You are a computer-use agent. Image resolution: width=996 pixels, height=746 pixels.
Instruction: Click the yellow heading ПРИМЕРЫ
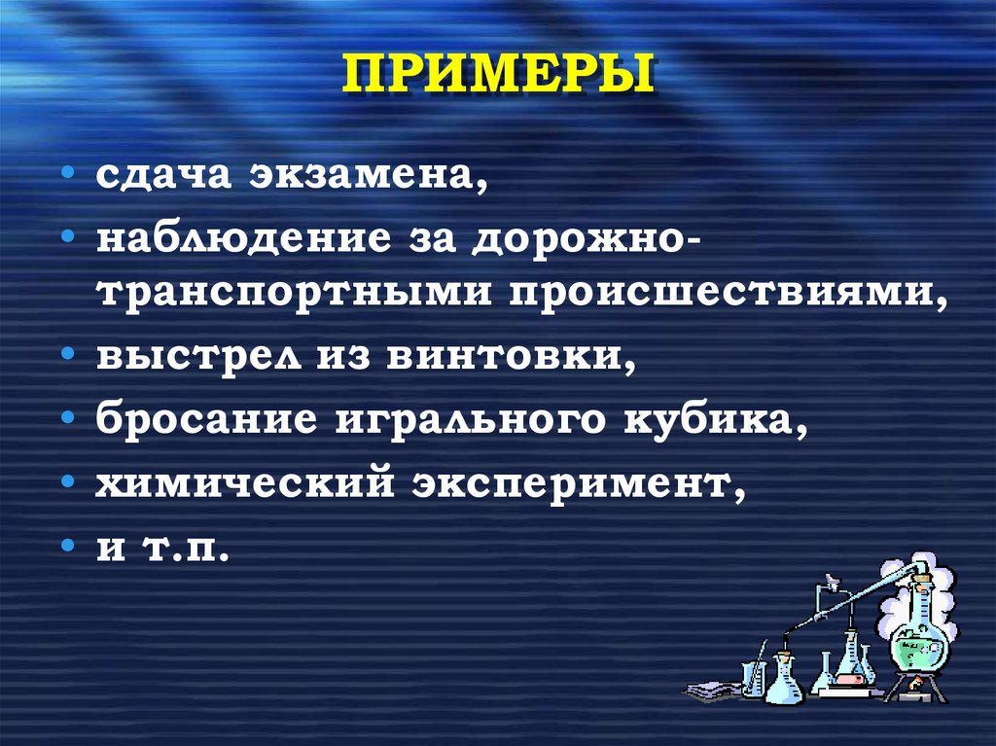[497, 77]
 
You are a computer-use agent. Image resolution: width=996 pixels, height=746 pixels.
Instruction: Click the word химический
[242, 482]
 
